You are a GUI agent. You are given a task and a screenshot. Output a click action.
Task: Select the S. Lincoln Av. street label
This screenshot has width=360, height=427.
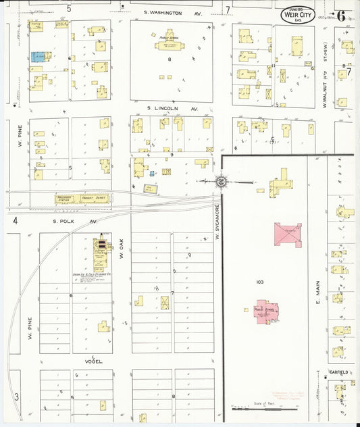point(173,108)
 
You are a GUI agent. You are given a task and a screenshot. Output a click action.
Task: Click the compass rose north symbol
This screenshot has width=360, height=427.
point(221,181)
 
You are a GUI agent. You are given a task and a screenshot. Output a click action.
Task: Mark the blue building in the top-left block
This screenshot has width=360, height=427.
point(38,58)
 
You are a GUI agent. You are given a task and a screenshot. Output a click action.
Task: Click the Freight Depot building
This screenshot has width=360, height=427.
point(95,199)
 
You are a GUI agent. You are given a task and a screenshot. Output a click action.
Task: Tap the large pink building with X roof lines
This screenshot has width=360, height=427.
point(288,234)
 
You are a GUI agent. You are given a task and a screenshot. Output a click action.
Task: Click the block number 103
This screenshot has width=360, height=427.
point(259,280)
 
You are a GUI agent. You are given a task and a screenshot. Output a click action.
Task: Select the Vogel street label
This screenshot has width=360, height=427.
point(94,361)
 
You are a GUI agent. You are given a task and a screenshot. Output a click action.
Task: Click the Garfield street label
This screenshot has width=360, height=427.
point(338,371)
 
